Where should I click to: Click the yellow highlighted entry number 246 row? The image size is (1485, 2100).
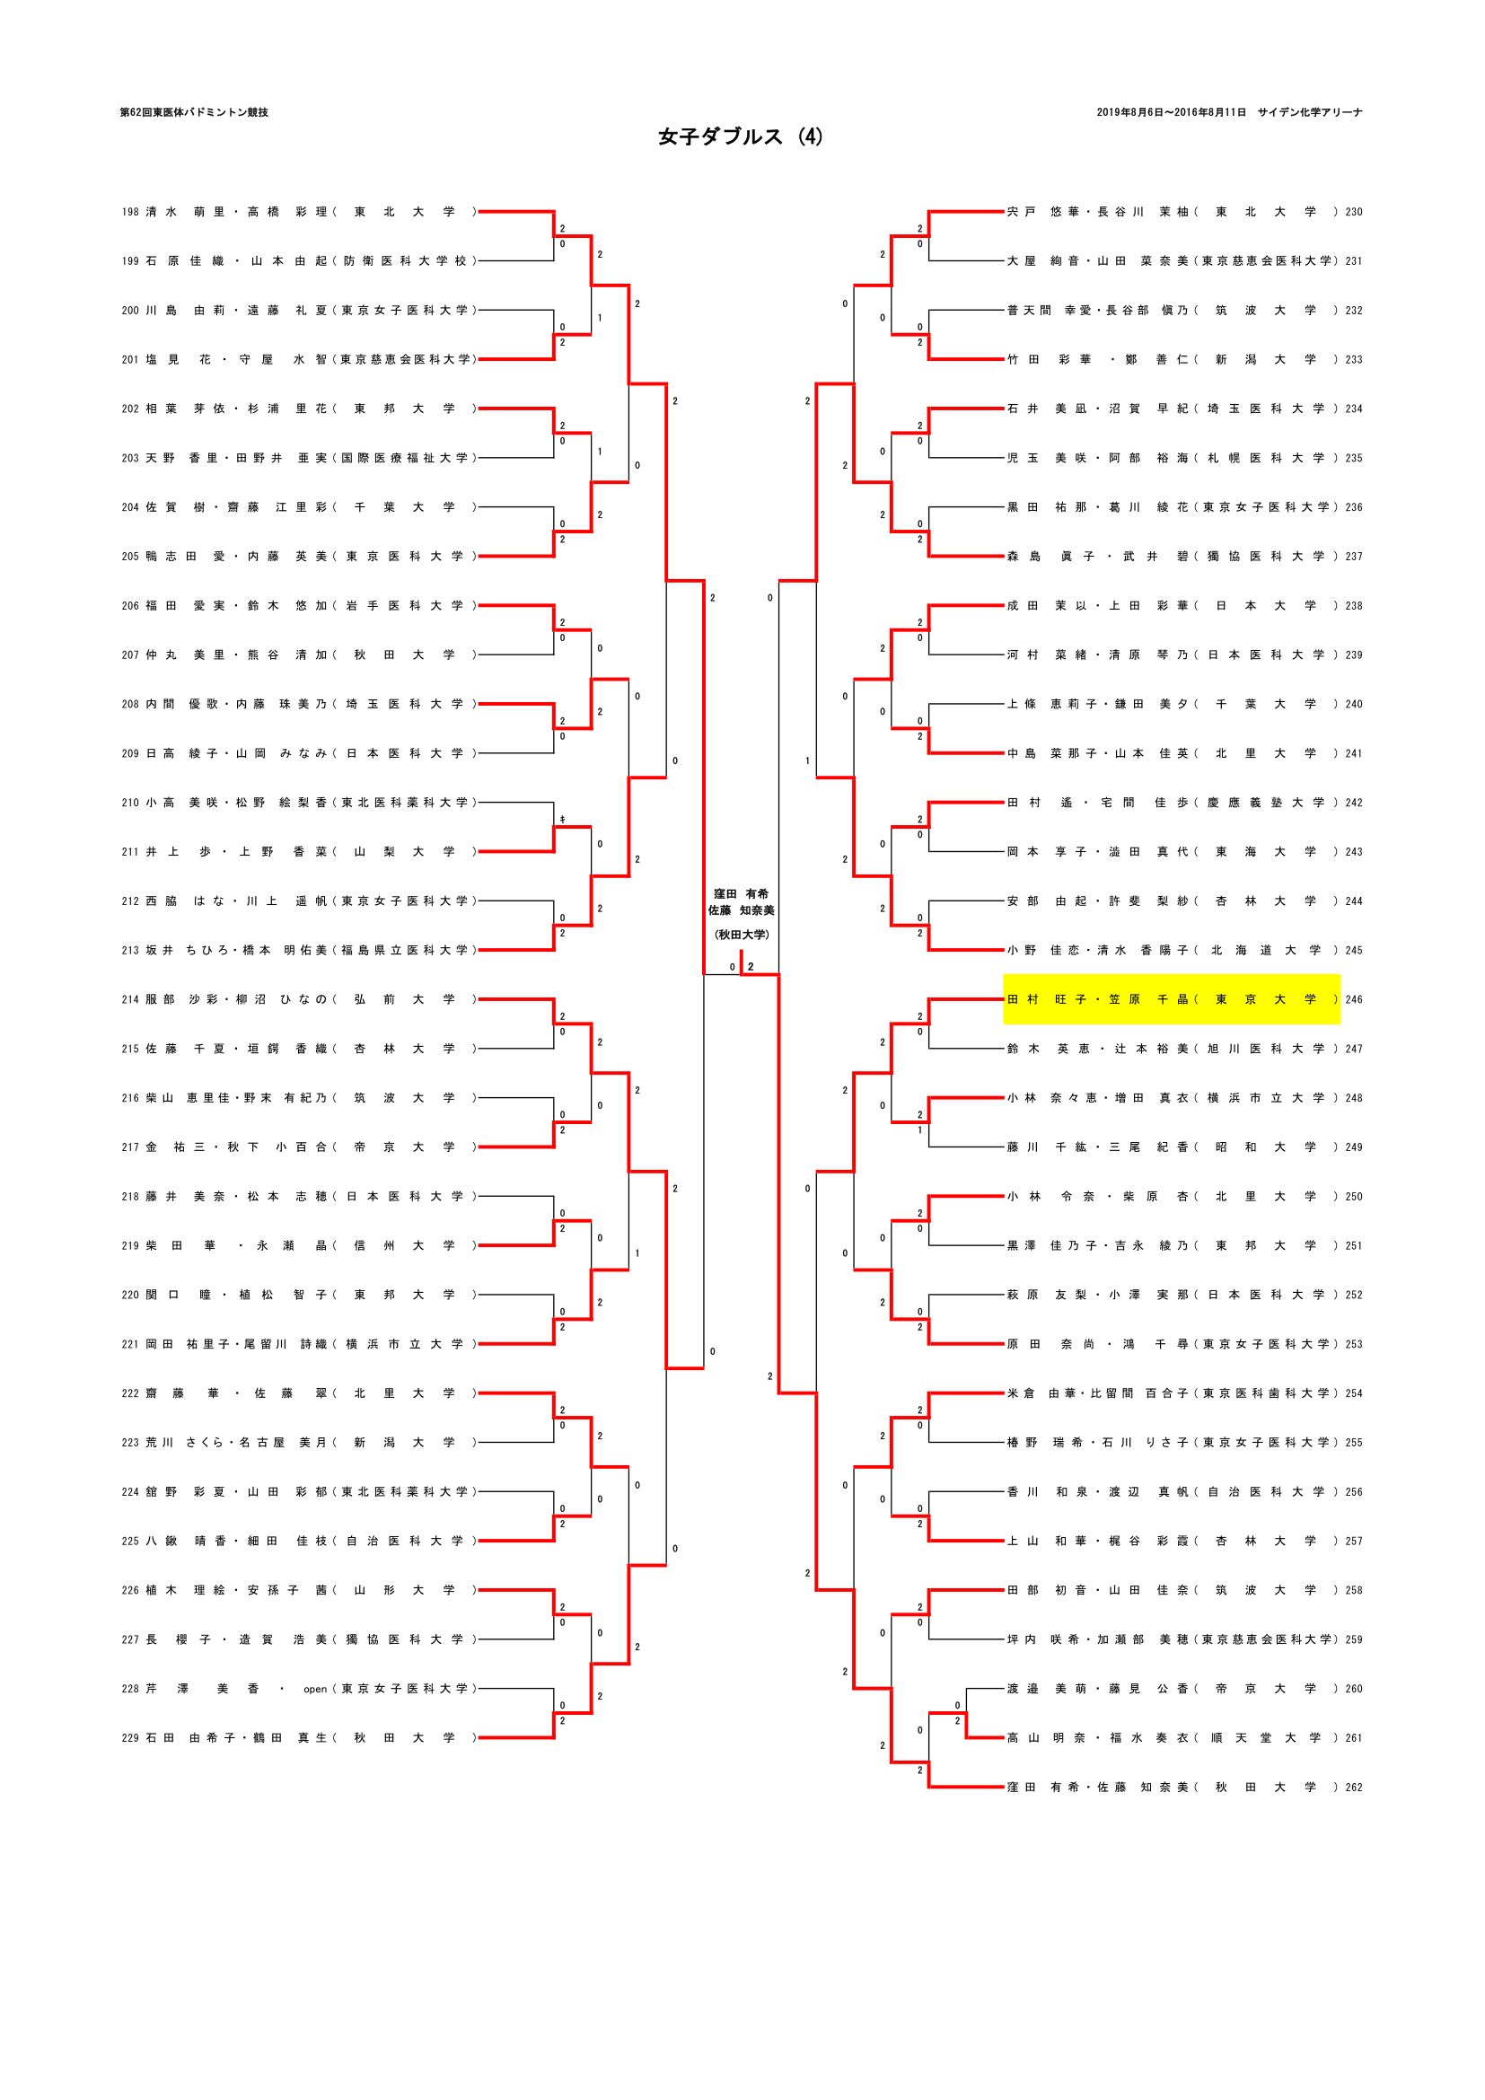pyautogui.click(x=1172, y=999)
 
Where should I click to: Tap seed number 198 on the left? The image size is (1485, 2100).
pyautogui.click(x=130, y=212)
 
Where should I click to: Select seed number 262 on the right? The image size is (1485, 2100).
pyautogui.click(x=1353, y=1788)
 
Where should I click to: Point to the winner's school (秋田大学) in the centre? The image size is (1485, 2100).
pyautogui.click(x=742, y=935)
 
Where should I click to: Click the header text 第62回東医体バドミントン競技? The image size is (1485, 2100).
pyautogui.click(x=194, y=112)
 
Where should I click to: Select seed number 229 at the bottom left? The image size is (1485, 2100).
pyautogui.click(x=130, y=1738)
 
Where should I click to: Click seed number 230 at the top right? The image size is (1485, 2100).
pyautogui.click(x=1353, y=212)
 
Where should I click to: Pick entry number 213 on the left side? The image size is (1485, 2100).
pyautogui.click(x=130, y=950)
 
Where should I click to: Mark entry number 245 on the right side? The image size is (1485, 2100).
pyautogui.click(x=1353, y=950)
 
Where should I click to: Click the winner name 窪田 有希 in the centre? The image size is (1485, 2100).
pyautogui.click(x=742, y=893)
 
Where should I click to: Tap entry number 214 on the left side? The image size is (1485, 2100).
pyautogui.click(x=130, y=999)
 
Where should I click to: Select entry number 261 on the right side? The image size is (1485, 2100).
pyautogui.click(x=1353, y=1738)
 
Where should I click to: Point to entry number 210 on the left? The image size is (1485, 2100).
pyautogui.click(x=130, y=803)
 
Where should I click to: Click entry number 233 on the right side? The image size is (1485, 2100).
pyautogui.click(x=1353, y=359)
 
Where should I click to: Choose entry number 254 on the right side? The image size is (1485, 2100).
pyautogui.click(x=1353, y=1394)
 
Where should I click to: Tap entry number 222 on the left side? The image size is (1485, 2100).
pyautogui.click(x=130, y=1394)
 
